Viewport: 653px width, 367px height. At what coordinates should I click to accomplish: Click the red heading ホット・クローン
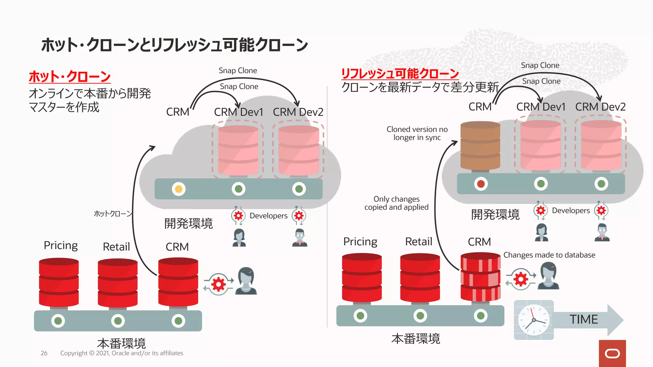point(70,76)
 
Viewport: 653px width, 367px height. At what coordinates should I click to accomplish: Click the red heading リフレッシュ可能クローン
point(400,73)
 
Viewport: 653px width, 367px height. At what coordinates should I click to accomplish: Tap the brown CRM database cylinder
point(480,146)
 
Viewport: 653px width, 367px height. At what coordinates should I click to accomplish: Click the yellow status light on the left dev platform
point(179,189)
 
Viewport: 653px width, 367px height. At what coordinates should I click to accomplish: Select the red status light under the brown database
point(481,184)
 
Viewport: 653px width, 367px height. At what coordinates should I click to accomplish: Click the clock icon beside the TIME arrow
point(533,320)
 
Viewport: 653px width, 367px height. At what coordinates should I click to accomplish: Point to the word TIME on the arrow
point(583,319)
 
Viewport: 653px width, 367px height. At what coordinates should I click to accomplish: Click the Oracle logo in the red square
point(612,354)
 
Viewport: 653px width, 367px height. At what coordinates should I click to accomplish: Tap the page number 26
point(44,353)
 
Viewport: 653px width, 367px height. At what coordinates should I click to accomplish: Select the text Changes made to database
point(549,255)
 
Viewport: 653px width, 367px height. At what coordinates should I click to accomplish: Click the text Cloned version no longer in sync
point(417,133)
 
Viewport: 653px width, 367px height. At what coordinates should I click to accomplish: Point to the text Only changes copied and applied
point(396,203)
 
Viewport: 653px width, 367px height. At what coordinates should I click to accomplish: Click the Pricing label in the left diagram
point(61,245)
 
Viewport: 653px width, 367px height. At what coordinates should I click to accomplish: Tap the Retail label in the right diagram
point(419,241)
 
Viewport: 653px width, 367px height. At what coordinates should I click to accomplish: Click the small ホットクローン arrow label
point(113,213)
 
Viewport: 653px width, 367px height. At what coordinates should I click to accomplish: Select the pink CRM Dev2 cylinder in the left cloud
point(299,150)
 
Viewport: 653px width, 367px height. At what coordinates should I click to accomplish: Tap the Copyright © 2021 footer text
point(121,353)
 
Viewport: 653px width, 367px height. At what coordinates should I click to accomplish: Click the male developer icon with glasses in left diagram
point(299,237)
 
